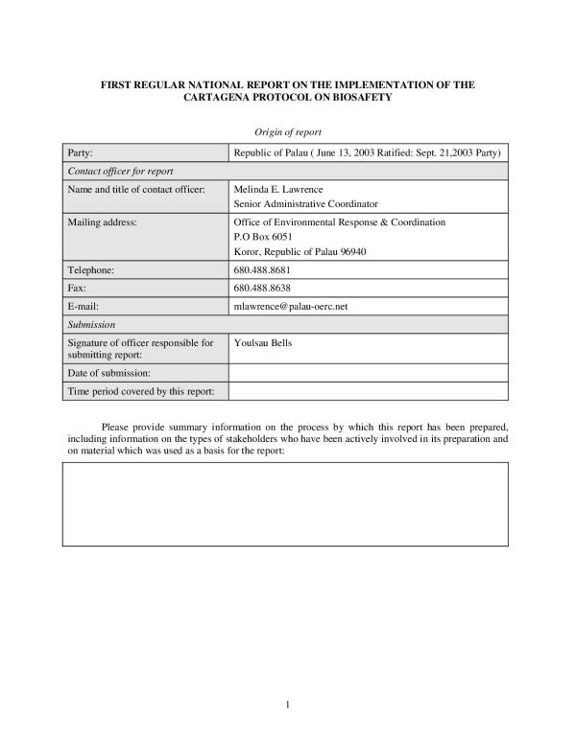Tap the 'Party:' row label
coord(79,153)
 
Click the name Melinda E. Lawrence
coord(278,189)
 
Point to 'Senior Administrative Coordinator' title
coord(306,204)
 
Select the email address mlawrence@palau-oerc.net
coord(290,306)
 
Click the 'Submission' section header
coord(91,324)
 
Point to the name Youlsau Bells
coord(262,341)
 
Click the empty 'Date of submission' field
coord(368,372)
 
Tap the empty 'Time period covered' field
coord(368,390)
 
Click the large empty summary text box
coord(285,505)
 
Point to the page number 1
coord(288,705)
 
